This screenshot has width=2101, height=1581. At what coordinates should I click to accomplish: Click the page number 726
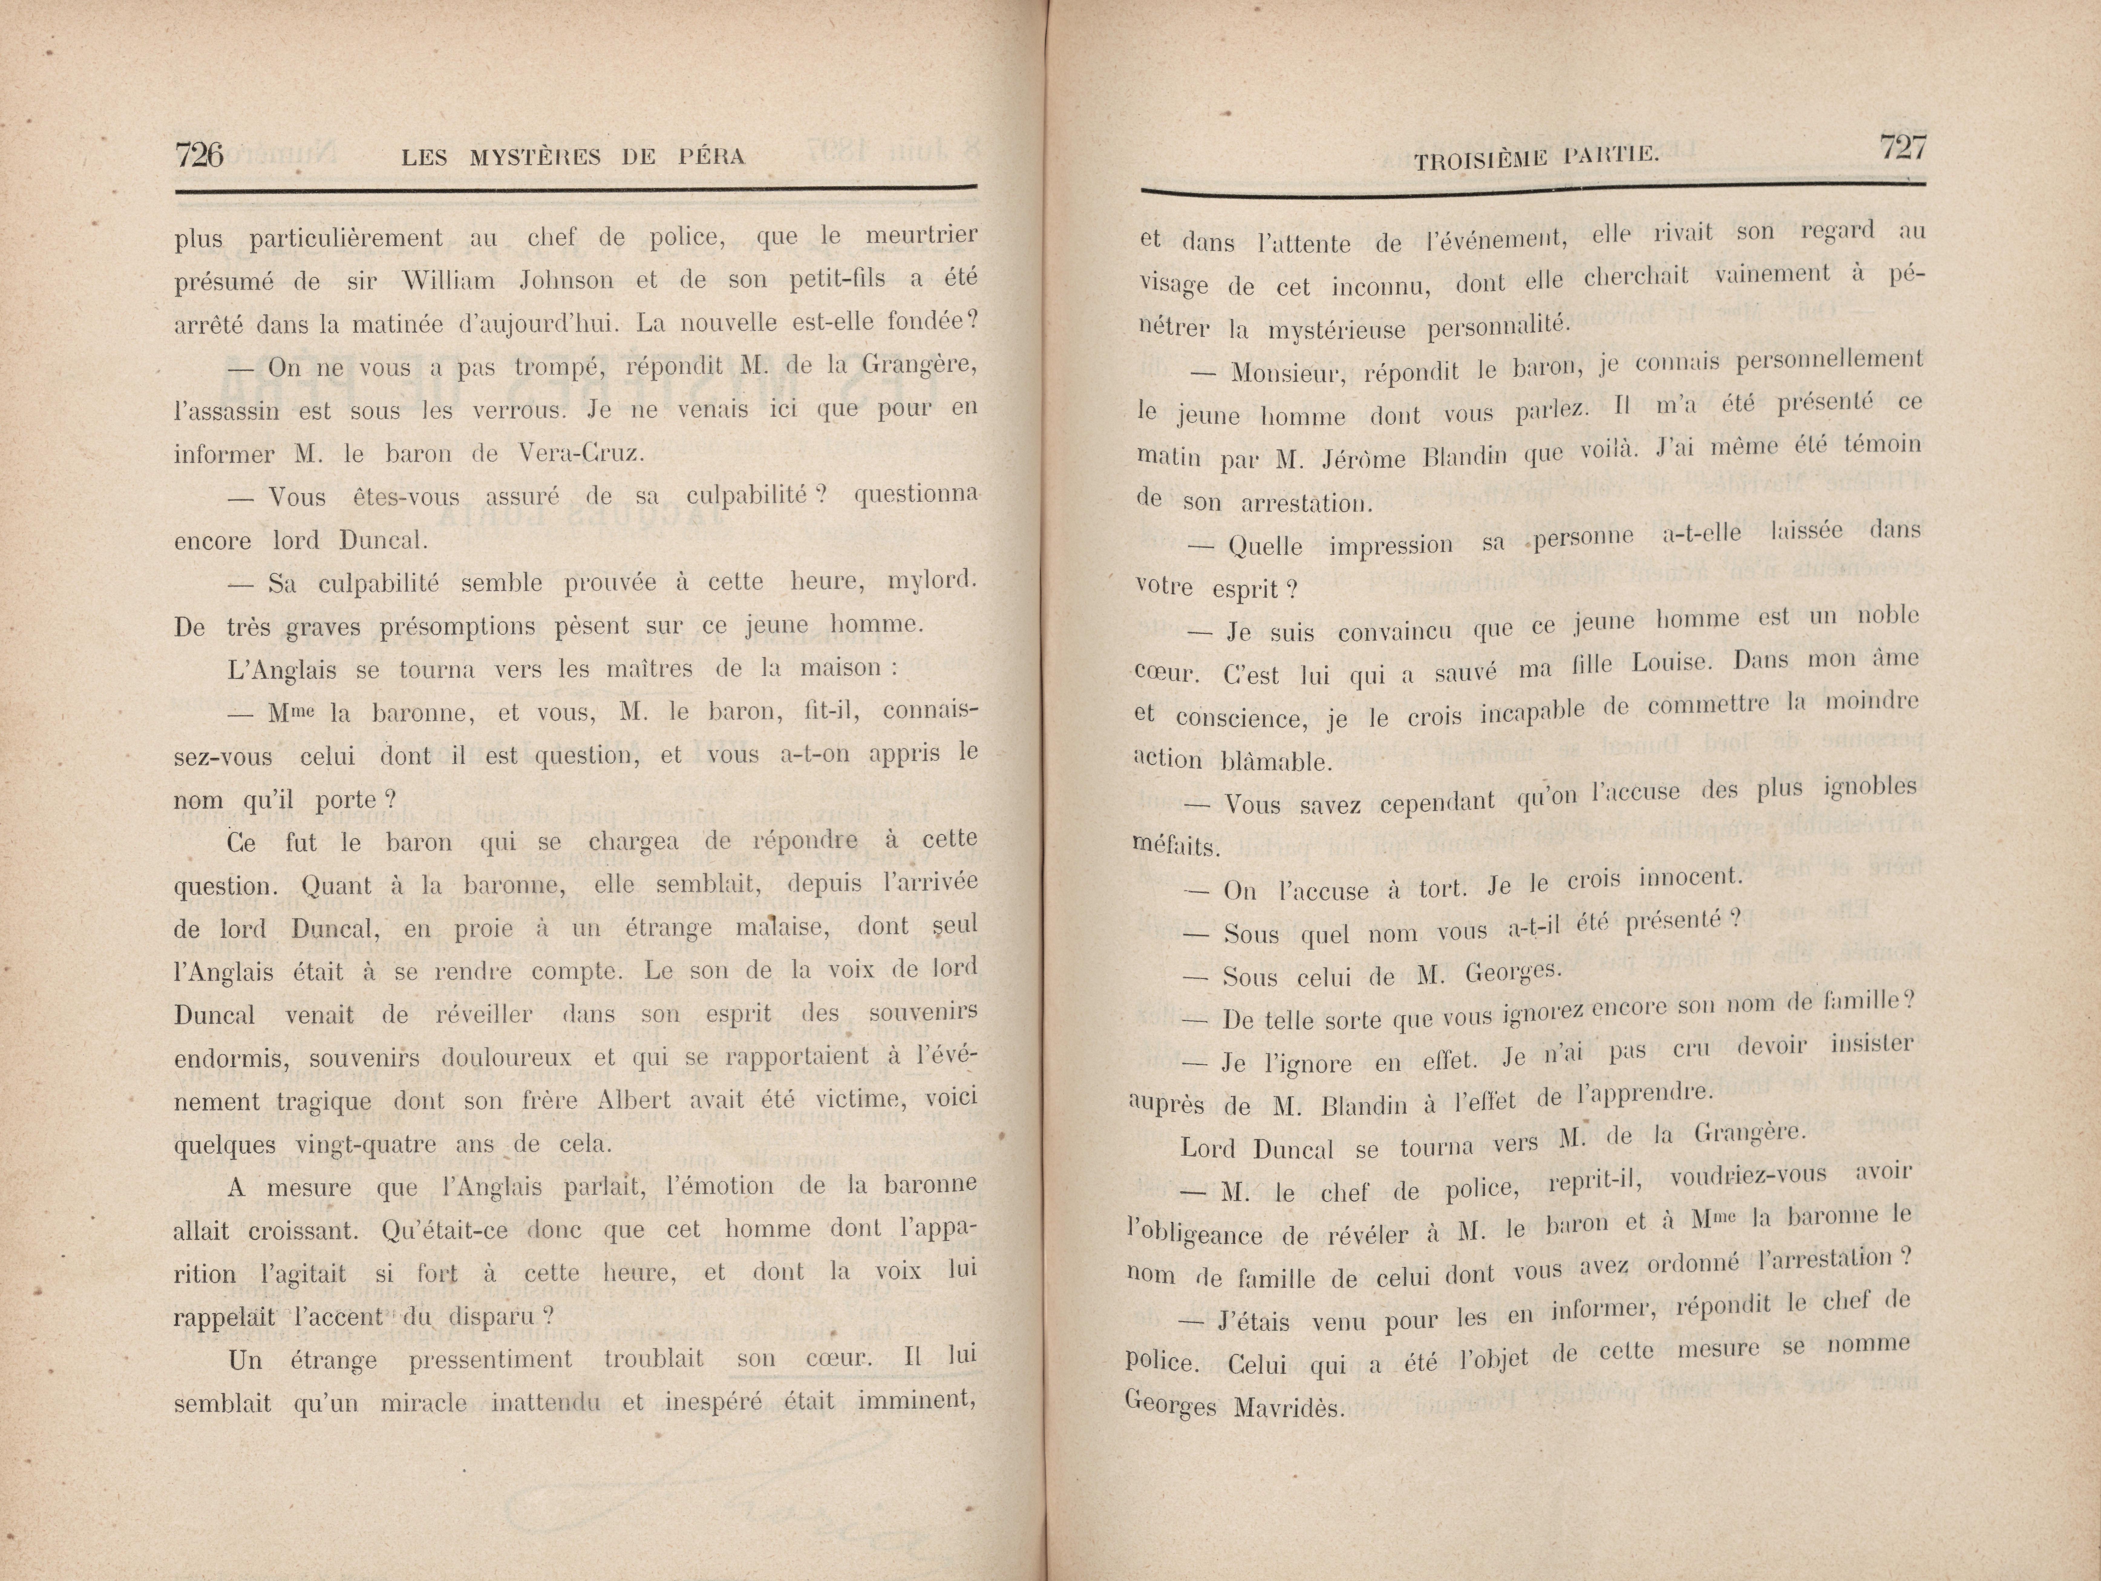[x=199, y=154]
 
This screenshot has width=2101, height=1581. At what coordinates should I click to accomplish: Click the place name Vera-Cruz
[x=580, y=453]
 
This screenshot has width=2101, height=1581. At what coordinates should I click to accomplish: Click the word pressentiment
[x=490, y=1360]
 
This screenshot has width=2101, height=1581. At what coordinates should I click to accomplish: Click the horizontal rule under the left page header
[x=576, y=192]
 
